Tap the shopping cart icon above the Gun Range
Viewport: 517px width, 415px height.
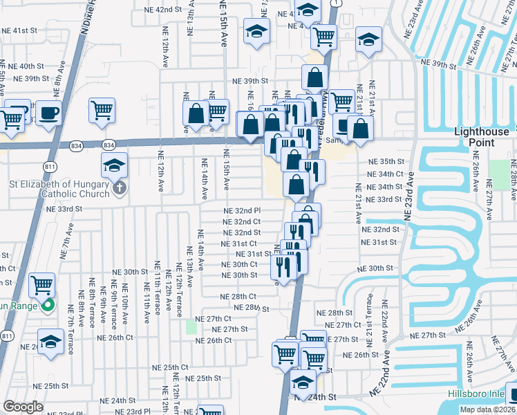(x=42, y=284)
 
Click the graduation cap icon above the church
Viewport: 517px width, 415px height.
(x=115, y=164)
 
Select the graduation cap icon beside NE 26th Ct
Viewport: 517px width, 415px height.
(x=50, y=342)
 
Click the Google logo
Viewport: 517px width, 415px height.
(x=23, y=407)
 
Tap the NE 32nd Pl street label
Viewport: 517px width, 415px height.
(x=241, y=211)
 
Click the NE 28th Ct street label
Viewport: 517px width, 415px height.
(x=238, y=296)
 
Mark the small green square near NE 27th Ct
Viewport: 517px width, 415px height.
(x=191, y=327)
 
